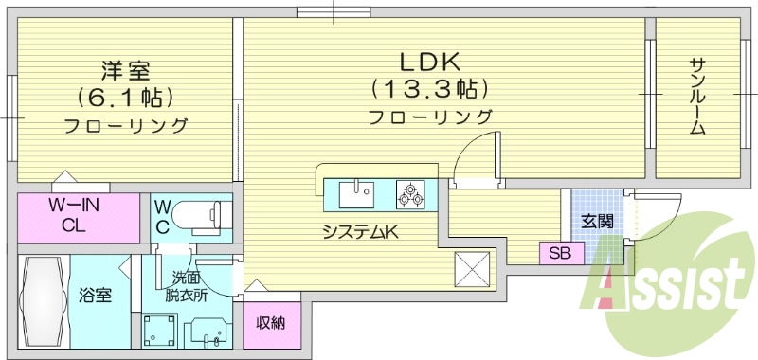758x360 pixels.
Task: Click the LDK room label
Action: click(428, 63)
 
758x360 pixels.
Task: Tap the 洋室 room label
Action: click(125, 69)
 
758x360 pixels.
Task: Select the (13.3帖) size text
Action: click(429, 90)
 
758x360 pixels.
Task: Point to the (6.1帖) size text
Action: click(125, 98)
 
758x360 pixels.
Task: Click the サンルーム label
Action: click(698, 97)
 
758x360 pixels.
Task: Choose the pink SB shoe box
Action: click(561, 254)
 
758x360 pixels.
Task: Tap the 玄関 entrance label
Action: click(597, 222)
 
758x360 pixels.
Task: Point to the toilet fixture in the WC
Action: click(201, 216)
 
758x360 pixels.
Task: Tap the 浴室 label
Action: click(95, 296)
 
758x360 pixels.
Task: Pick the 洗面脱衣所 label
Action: click(186, 286)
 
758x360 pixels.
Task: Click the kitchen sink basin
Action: click(357, 195)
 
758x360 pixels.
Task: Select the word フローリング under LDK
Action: click(430, 117)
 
